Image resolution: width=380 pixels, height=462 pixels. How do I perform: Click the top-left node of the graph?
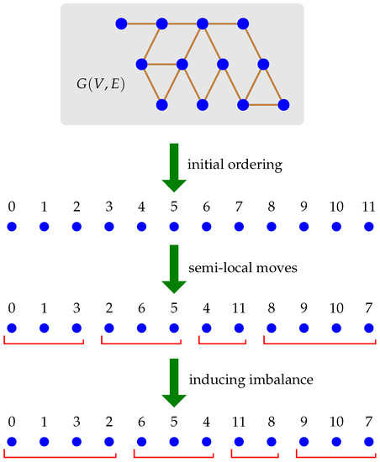coord(122,23)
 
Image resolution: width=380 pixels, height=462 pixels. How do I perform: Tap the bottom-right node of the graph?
coord(284,105)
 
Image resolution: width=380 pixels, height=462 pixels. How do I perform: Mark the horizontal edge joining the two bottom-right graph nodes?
coord(264,105)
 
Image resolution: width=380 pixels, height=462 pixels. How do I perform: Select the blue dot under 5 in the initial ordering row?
coord(174,226)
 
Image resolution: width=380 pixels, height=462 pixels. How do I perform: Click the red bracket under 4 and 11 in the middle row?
coord(222,344)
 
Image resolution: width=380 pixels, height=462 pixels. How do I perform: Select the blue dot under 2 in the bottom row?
coord(109,442)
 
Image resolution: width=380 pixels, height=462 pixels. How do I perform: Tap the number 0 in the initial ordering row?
coord(11,205)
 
